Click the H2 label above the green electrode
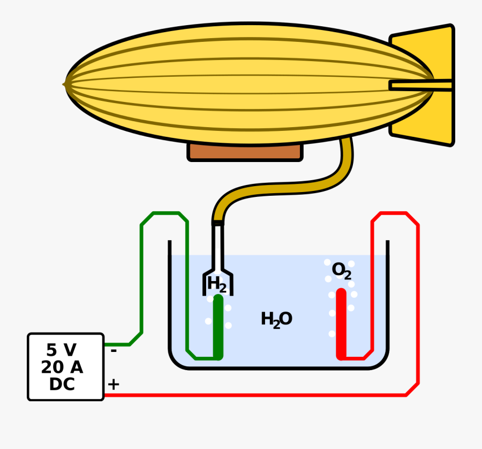click(217, 284)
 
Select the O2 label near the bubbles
click(341, 270)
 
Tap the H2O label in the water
click(276, 319)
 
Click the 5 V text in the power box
click(61, 350)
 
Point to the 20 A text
click(62, 367)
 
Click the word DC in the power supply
click(62, 385)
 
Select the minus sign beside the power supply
click(114, 351)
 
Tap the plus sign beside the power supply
click(114, 384)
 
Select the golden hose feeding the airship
click(300, 185)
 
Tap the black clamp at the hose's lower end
click(217, 222)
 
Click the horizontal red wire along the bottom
click(257, 395)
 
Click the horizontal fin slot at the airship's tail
click(420, 85)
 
